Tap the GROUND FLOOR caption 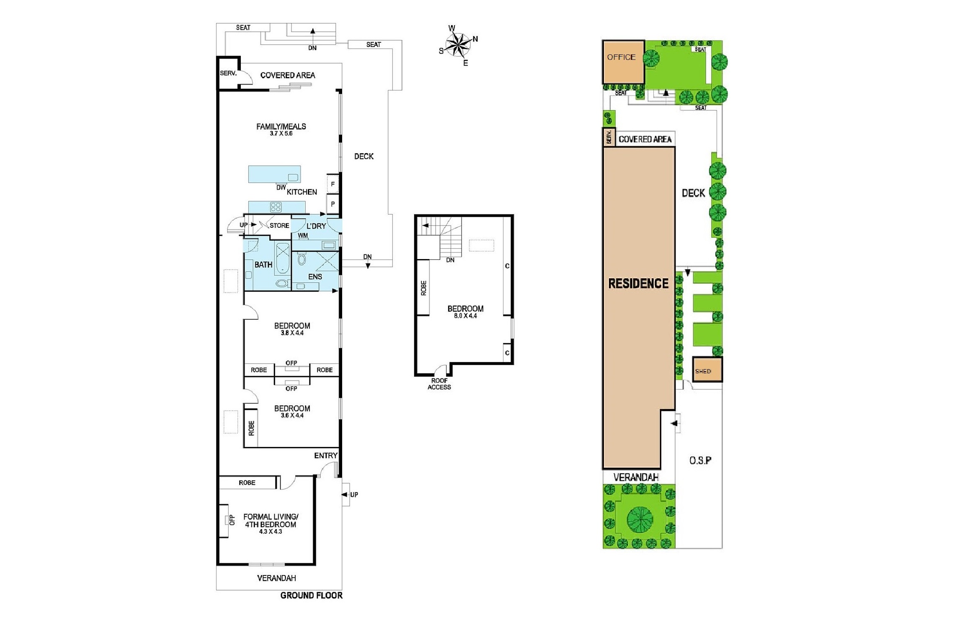(311, 595)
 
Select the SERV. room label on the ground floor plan (228, 73)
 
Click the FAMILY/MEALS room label (281, 126)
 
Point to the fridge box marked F (333, 184)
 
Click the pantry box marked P (333, 204)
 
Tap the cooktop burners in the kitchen (276, 207)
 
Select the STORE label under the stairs (279, 226)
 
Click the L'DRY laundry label (316, 226)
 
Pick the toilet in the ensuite (302, 259)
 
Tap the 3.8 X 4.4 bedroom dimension (292, 333)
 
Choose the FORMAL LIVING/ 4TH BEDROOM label (271, 521)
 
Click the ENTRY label (326, 455)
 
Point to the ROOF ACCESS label (439, 384)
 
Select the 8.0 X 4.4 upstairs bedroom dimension (465, 316)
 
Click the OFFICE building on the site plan (623, 62)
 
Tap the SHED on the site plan (707, 370)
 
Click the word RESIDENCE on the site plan (638, 283)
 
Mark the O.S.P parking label (700, 460)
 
